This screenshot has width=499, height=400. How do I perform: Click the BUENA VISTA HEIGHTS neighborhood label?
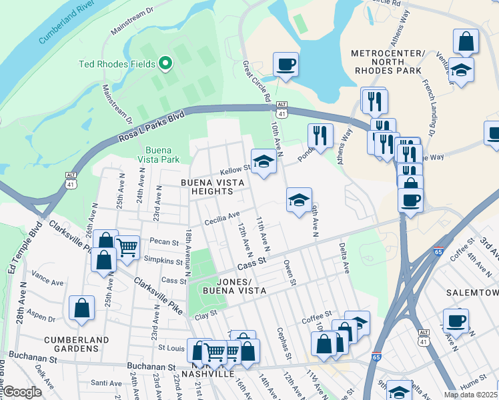pos(207,187)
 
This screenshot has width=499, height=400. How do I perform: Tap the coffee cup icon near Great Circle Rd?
pos(286,65)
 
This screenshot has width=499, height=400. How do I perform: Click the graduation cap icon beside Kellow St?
pos(264,161)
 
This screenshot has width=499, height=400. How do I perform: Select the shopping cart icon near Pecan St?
pos(127,247)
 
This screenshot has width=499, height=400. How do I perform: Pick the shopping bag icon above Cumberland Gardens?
pos(81,308)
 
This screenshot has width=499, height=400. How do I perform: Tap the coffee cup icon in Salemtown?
pos(456,321)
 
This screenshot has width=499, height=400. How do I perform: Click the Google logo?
pos(21,392)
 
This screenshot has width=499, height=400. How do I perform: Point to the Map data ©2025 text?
pos(470,395)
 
